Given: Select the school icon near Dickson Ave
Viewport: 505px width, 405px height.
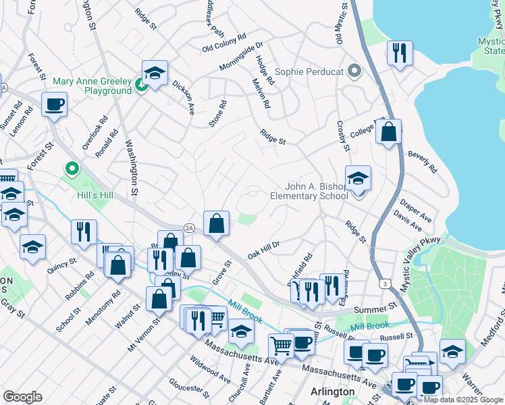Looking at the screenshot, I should [x=155, y=74].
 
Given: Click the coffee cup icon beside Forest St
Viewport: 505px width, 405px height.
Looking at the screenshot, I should [x=54, y=105].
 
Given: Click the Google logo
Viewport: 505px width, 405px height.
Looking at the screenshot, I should [x=22, y=396].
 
